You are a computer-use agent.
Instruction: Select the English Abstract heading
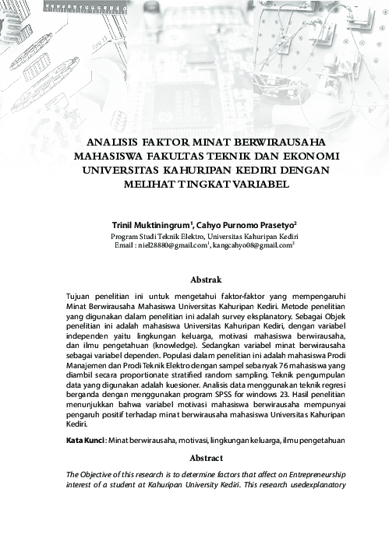207,458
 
